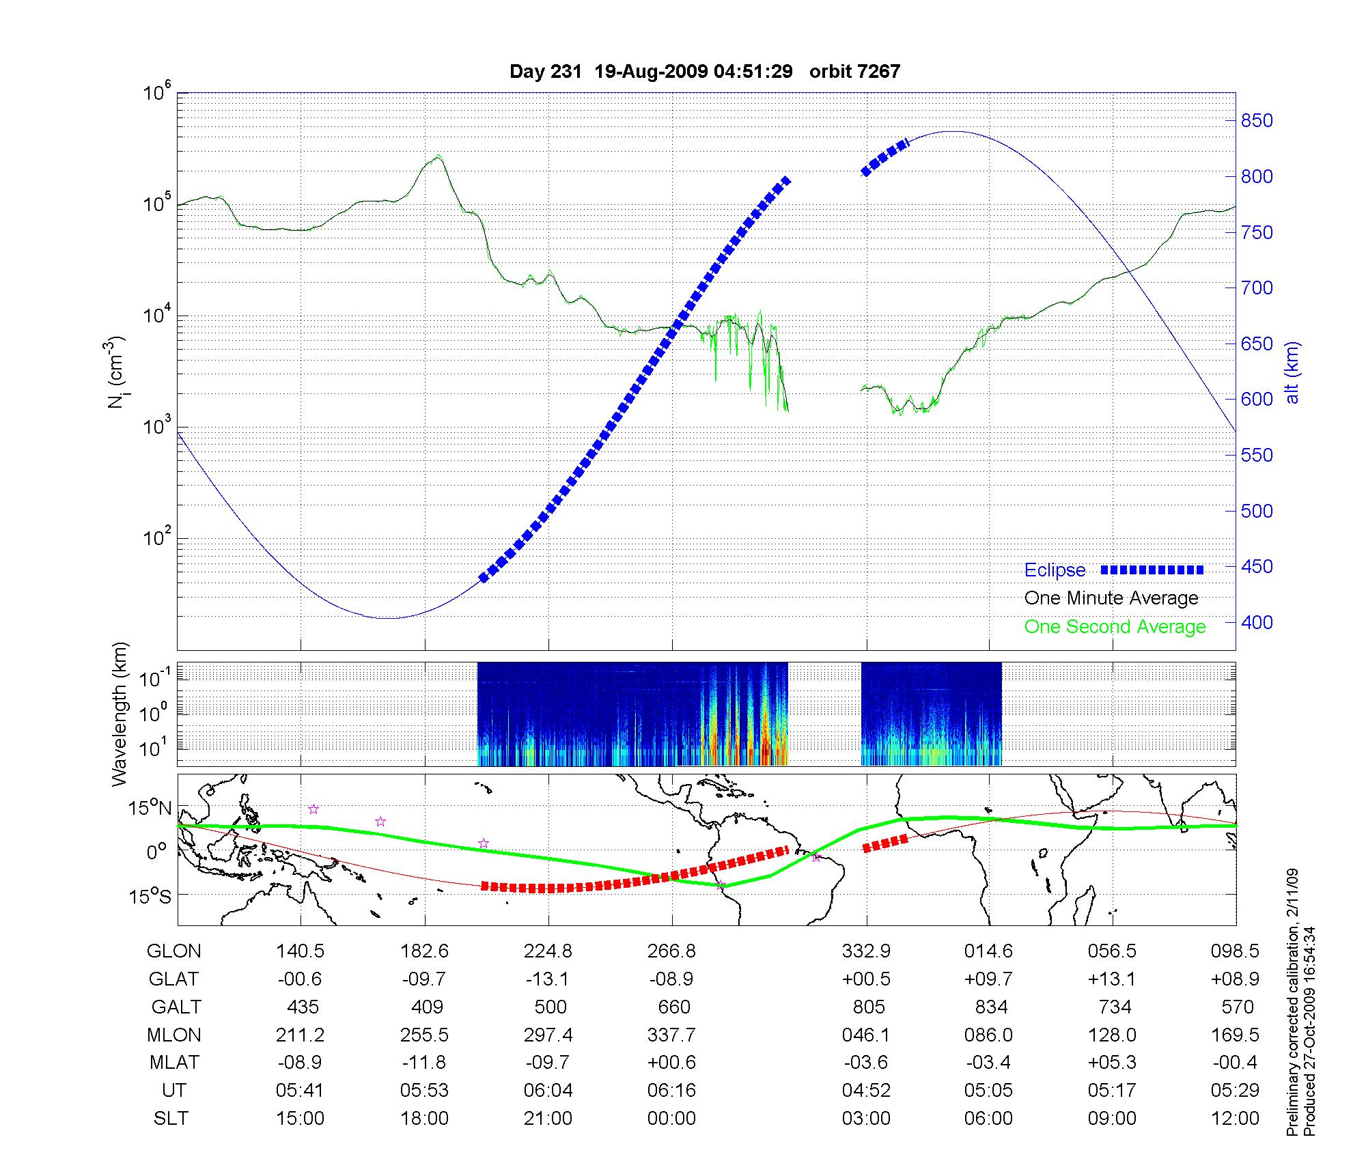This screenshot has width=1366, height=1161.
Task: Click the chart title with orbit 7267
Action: (x=704, y=72)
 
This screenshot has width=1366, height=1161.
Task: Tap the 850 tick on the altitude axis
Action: (x=1257, y=121)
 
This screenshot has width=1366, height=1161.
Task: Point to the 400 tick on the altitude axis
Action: (x=1257, y=622)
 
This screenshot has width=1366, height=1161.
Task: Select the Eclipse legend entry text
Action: (x=1055, y=570)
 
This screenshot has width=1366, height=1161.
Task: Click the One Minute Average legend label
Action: (x=1111, y=598)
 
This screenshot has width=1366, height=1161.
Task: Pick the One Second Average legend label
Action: (x=1115, y=627)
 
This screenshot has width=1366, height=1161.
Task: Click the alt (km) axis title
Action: (x=1293, y=372)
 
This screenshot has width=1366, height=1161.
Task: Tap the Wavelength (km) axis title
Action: (x=120, y=714)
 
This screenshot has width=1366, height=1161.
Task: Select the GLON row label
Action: (x=174, y=951)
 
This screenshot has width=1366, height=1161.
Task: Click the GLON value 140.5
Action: (x=301, y=951)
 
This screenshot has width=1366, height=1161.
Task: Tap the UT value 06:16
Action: (x=671, y=1091)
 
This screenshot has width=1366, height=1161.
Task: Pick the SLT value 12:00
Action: (x=1235, y=1119)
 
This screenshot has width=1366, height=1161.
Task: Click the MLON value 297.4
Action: (x=548, y=1035)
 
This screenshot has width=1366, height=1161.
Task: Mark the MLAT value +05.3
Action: (x=1113, y=1063)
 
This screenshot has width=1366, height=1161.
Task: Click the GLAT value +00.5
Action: (x=867, y=979)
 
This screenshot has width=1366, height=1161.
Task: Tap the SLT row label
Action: (x=171, y=1119)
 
